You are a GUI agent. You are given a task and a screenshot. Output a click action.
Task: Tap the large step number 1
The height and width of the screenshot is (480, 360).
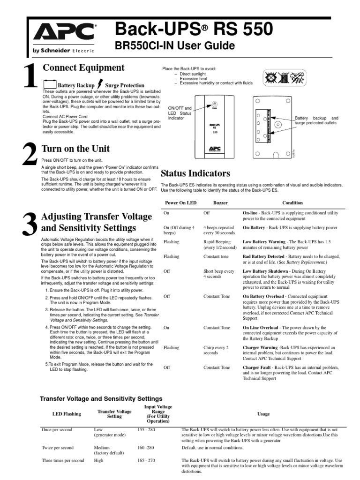[x=30, y=77]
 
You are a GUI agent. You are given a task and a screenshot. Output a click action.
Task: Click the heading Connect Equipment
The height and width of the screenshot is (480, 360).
[x=83, y=67]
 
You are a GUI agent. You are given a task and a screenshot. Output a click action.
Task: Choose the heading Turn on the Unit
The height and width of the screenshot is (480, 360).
[x=76, y=149]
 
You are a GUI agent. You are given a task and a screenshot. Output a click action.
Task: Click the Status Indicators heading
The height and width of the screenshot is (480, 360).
[x=195, y=173]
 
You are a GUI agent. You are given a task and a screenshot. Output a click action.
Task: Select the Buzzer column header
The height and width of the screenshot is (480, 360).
[x=220, y=203]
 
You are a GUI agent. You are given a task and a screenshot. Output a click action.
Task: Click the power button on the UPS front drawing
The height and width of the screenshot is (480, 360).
[x=214, y=104]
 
